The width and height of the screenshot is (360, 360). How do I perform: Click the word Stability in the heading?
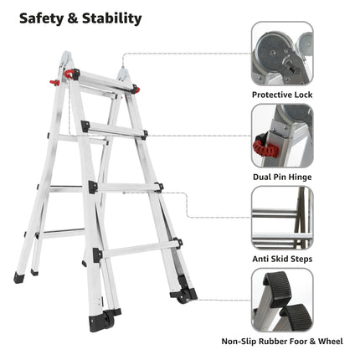click(111, 18)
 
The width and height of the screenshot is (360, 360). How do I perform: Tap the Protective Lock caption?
click(282, 95)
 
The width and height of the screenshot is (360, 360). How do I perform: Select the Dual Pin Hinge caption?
click(282, 177)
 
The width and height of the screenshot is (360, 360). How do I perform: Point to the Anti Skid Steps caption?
click(282, 259)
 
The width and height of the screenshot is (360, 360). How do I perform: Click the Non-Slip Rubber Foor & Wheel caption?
click(282, 341)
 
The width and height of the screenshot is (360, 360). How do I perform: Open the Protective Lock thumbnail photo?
click(282, 54)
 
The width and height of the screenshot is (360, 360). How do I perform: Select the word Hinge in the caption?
click(300, 177)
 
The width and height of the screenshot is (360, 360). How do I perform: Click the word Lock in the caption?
click(302, 95)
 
